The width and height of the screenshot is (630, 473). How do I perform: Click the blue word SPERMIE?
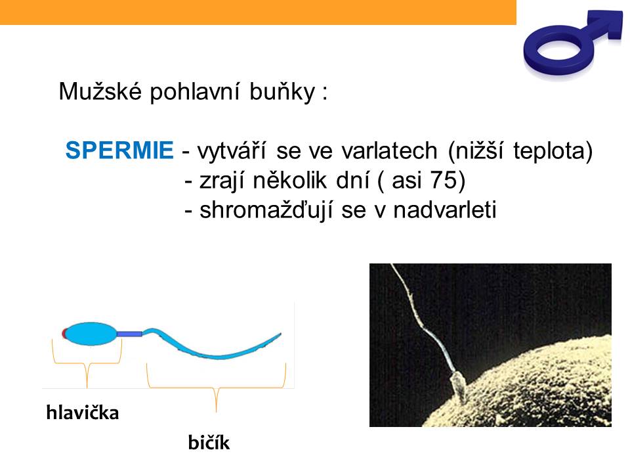click(x=119, y=150)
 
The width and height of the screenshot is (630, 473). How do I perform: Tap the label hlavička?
click(x=83, y=413)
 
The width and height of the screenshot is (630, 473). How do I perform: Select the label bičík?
click(x=209, y=442)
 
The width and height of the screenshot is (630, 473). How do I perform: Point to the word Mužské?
click(x=100, y=91)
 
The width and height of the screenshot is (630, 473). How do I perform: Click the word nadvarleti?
click(x=445, y=210)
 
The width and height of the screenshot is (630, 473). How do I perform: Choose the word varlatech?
click(x=389, y=150)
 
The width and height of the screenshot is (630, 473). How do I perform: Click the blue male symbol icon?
click(x=572, y=43)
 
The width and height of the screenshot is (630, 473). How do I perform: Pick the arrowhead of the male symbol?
click(x=608, y=24)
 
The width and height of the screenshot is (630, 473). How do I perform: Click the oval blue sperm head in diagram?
click(x=90, y=334)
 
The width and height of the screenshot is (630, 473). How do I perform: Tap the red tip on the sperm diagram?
click(x=64, y=334)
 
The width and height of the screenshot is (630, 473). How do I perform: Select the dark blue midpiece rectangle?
click(x=129, y=334)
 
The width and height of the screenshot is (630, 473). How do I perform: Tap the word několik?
click(x=289, y=180)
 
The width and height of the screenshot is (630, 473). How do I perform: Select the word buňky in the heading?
click(x=282, y=92)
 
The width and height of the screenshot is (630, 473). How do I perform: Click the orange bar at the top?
click(x=258, y=12)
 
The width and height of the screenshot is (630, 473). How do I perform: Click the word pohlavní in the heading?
click(x=195, y=92)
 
